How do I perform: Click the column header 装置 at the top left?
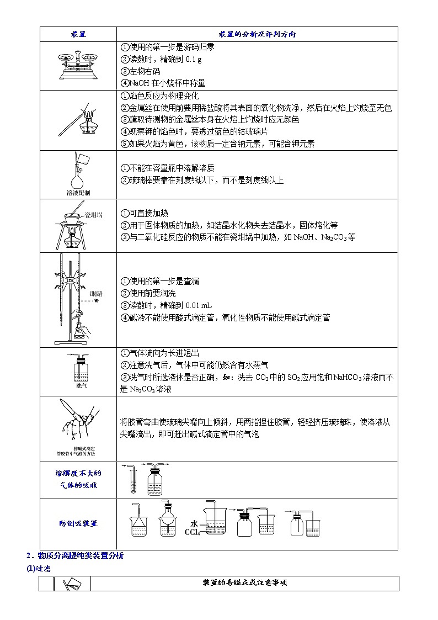click(x=78, y=34)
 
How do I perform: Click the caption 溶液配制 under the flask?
click(x=78, y=193)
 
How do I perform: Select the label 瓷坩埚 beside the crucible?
click(x=93, y=215)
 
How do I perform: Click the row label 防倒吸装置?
click(x=78, y=523)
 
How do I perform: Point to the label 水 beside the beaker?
click(x=194, y=523)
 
